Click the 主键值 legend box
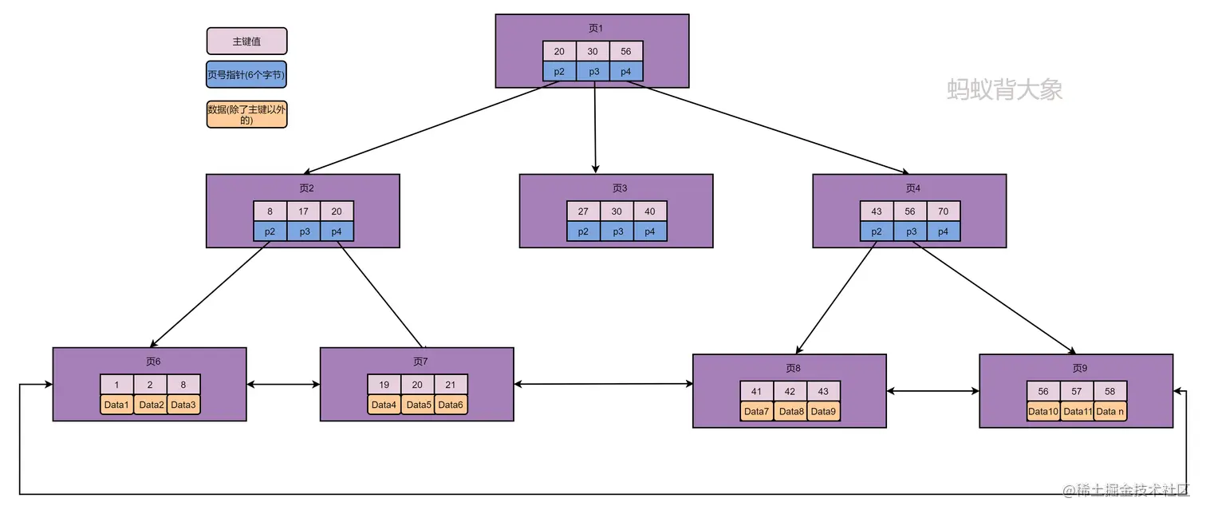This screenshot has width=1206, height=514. [246, 41]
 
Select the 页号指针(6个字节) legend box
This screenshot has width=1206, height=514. [246, 75]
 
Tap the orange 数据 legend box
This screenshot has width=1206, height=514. [246, 114]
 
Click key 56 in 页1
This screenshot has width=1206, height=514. [626, 51]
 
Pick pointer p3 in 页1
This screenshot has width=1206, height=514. [593, 72]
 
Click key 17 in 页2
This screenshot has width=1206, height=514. [304, 212]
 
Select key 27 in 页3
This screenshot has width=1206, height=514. [583, 212]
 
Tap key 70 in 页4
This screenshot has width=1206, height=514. [944, 212]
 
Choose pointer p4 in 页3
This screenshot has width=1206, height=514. [650, 231]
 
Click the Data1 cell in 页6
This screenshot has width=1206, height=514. [116, 405]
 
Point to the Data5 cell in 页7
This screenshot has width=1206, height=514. [418, 405]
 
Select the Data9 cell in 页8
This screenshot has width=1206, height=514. [824, 412]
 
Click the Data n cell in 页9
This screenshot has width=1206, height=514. [1110, 412]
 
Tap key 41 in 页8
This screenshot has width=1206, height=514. [757, 391]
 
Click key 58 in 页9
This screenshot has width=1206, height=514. [1110, 391]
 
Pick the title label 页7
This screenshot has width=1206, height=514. [420, 362]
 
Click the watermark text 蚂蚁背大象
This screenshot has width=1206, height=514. [1004, 89]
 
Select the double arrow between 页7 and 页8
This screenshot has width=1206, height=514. [603, 385]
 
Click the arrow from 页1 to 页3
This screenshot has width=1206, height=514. [595, 128]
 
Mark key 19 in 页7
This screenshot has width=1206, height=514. [384, 384]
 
